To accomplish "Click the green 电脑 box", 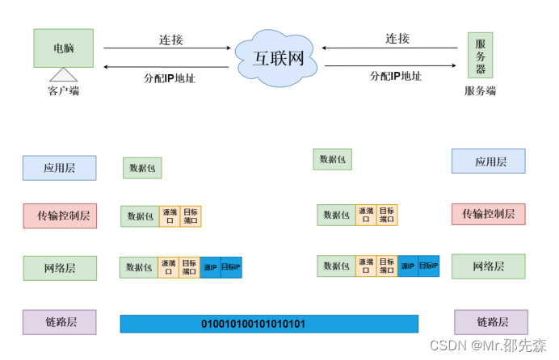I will [63, 48].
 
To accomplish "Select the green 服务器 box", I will [480, 55].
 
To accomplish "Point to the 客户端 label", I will [64, 90].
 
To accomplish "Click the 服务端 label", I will [480, 90].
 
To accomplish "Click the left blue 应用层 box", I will [59, 168].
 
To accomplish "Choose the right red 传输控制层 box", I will [488, 214].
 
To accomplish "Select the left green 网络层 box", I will [59, 267].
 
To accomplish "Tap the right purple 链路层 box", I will [491, 322].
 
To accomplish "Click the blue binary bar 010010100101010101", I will [269, 324].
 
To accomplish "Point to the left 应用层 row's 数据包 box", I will [142, 168].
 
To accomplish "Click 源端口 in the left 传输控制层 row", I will [169, 216].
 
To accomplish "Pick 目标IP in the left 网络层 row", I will [231, 267].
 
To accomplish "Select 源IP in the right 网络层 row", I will [407, 266].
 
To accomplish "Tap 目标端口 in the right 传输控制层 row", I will [387, 215].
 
